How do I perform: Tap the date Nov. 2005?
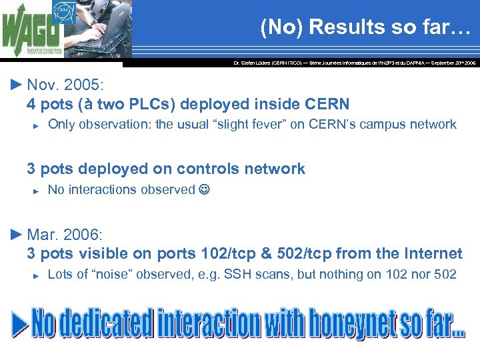point(65,86)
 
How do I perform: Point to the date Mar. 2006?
point(65,235)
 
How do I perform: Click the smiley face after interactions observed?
point(204,190)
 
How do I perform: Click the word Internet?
point(433,253)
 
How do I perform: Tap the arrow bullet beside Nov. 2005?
point(17,85)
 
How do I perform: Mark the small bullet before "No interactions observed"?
point(37,191)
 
